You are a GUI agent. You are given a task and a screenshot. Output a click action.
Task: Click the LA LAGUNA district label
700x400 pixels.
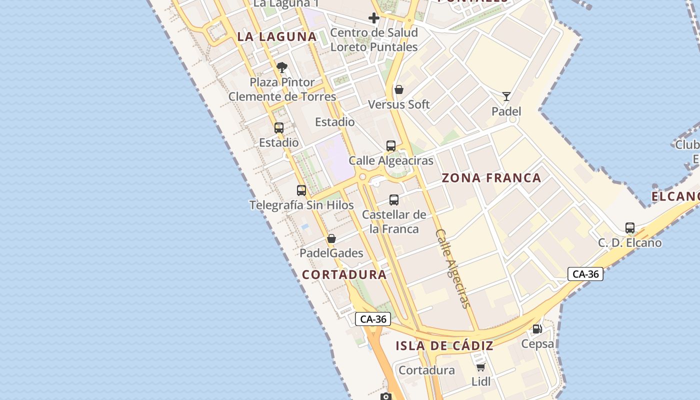[x=277, y=36]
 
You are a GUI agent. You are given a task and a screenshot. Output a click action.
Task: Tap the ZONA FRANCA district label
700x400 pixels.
[x=491, y=178]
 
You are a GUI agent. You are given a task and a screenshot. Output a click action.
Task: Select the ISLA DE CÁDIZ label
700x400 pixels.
[x=444, y=345]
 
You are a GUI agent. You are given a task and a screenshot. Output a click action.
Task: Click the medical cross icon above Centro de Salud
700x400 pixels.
[x=374, y=18]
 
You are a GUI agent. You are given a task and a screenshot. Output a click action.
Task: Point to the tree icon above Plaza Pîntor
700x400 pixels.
[x=282, y=67]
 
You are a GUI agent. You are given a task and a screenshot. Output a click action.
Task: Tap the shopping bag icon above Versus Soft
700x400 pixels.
[x=399, y=90]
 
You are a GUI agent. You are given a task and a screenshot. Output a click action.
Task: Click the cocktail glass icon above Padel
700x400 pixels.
[x=506, y=96]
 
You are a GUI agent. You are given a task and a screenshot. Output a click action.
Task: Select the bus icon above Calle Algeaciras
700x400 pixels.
[x=391, y=146]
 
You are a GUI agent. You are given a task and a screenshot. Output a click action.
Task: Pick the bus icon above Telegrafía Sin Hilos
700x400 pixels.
[x=301, y=190]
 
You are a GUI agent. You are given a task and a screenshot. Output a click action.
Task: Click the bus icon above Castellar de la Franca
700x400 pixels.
[x=394, y=200]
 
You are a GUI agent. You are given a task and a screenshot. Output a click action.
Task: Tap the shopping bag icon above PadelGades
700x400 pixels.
[x=331, y=238]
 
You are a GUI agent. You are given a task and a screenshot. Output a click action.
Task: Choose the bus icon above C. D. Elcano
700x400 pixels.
[x=630, y=228]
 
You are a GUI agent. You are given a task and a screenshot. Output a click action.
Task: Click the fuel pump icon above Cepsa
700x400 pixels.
[x=537, y=329]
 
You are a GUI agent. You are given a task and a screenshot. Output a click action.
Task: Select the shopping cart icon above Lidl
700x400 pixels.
[x=481, y=367]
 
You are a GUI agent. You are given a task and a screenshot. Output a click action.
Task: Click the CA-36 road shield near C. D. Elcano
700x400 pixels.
[x=585, y=274]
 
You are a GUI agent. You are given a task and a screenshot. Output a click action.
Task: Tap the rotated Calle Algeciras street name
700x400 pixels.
[x=453, y=268]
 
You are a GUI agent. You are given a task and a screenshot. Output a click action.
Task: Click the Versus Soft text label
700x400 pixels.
[x=399, y=104]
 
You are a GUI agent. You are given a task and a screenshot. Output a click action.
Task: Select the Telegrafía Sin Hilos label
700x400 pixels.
[x=301, y=205]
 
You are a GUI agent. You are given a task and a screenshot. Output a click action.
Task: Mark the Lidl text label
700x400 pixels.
[x=481, y=382]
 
